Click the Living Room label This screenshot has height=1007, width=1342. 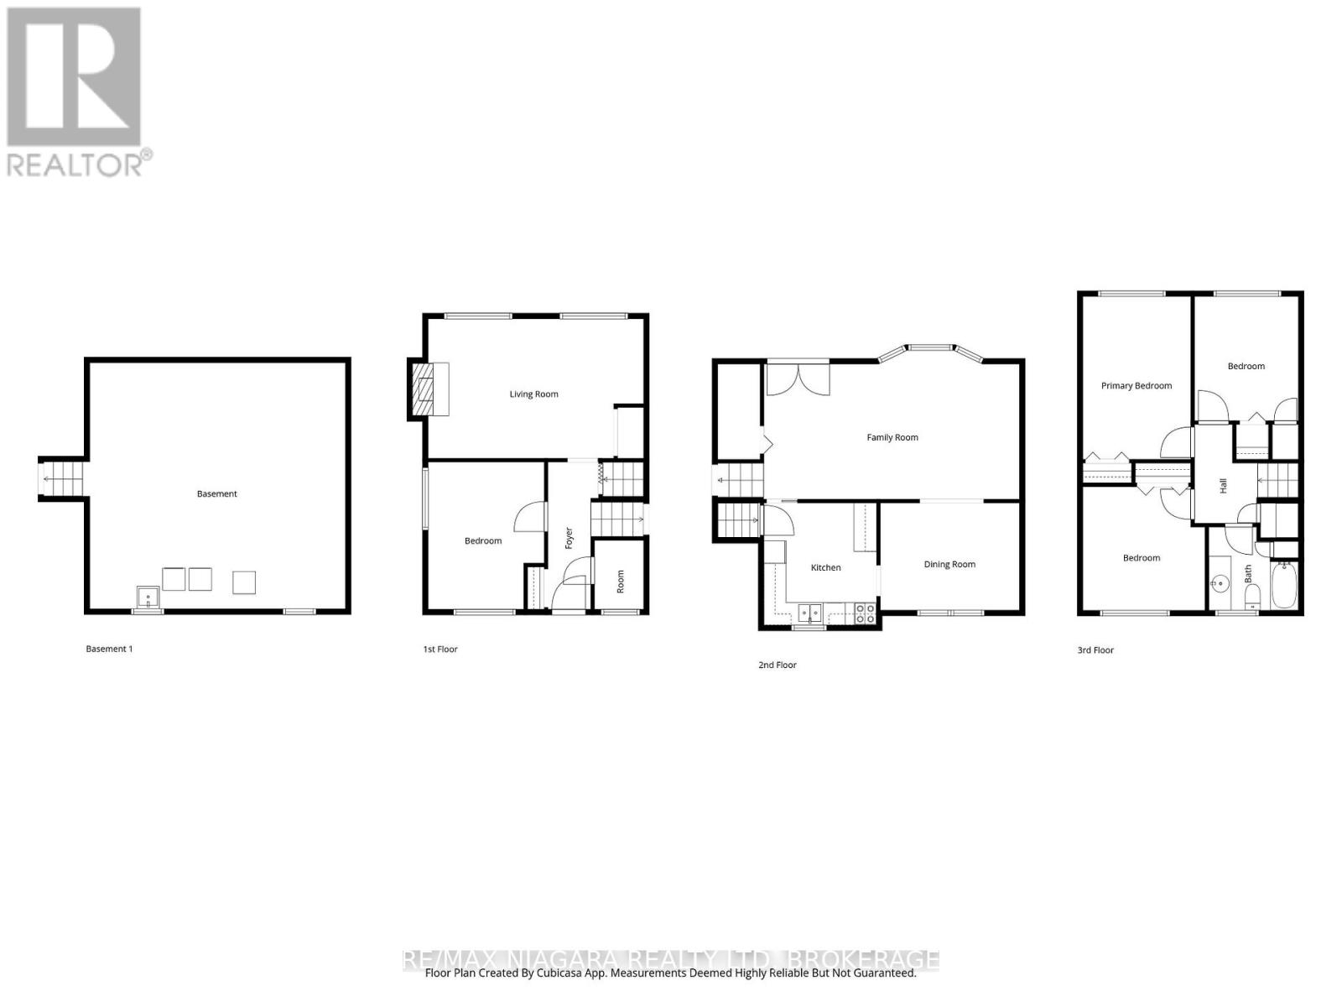pyautogui.click(x=533, y=394)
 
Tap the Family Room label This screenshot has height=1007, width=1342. pyautogui.click(x=892, y=437)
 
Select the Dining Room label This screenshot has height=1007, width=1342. pyautogui.click(x=949, y=565)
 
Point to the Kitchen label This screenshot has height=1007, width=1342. pyautogui.click(x=825, y=568)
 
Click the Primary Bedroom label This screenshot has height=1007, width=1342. pyautogui.click(x=1136, y=386)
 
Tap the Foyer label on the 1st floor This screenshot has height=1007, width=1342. pyautogui.click(x=569, y=538)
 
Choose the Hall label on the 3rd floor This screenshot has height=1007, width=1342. pyautogui.click(x=1223, y=485)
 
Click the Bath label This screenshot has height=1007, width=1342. pyautogui.click(x=1248, y=574)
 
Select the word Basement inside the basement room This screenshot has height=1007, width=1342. pyautogui.click(x=216, y=494)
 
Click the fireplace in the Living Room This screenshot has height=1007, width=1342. pyautogui.click(x=428, y=389)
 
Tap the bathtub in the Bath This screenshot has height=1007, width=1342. pyautogui.click(x=1284, y=586)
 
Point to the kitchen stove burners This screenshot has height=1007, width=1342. pyautogui.click(x=865, y=613)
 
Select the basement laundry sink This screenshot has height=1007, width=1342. pyautogui.click(x=148, y=598)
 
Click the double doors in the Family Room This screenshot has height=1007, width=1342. pyautogui.click(x=797, y=378)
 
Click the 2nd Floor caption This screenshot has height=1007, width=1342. pyautogui.click(x=777, y=665)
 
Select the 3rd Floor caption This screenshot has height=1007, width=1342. pyautogui.click(x=1095, y=650)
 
